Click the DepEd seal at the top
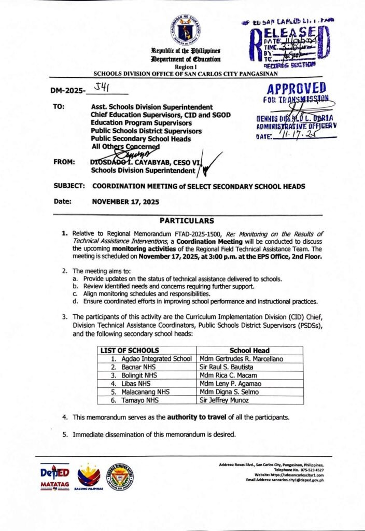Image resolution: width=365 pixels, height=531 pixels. tap(186, 30)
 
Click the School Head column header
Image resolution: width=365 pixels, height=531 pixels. tap(249, 351)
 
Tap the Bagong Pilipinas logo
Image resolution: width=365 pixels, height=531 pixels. tap(89, 476)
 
